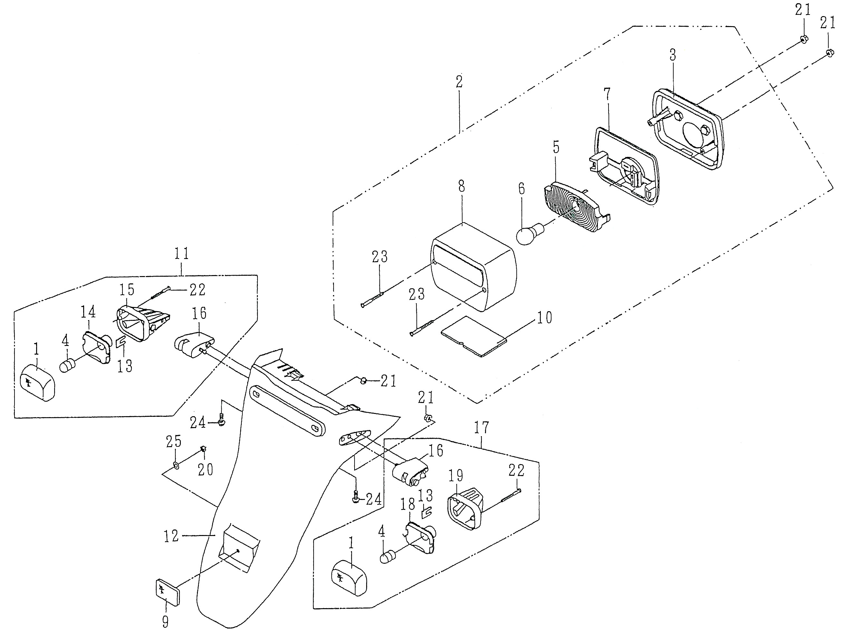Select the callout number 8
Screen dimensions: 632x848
tap(461, 187)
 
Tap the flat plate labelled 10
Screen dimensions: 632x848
tap(473, 336)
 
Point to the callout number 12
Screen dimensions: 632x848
tap(171, 536)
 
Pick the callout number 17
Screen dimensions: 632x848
tap(482, 427)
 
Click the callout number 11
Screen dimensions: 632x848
tap(181, 254)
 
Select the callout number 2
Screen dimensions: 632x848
tap(459, 81)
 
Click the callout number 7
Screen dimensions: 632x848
tap(607, 94)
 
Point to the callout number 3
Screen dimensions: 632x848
tap(673, 55)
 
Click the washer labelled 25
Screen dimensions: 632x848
tap(175, 465)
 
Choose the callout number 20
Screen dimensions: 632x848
tap(205, 469)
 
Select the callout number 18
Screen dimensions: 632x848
tap(408, 505)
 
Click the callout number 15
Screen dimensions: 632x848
tap(127, 290)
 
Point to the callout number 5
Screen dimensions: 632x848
tap(556, 147)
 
